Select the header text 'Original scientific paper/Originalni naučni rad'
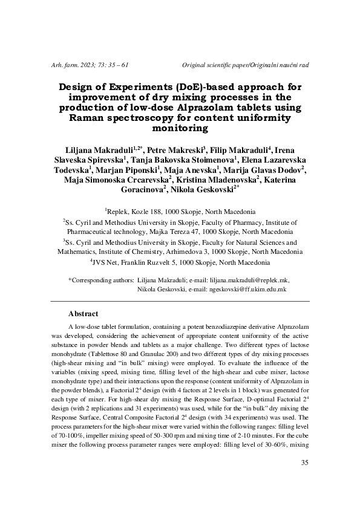click(246, 65)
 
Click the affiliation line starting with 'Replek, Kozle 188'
click(180, 212)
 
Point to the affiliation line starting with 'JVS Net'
click(180, 263)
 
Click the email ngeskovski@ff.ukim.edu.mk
click(247, 290)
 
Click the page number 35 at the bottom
click(304, 463)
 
